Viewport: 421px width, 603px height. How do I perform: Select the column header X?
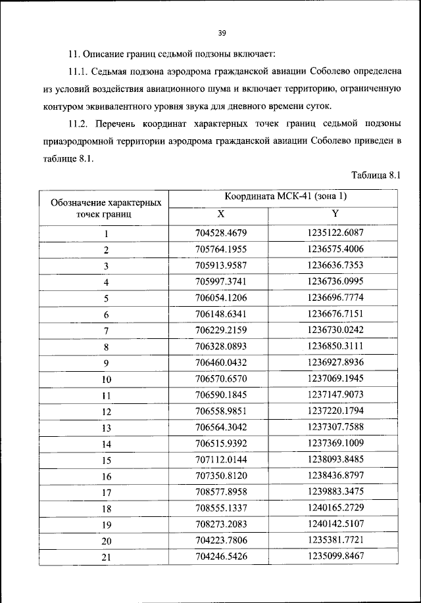point(220,215)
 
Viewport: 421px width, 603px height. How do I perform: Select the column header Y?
point(335,214)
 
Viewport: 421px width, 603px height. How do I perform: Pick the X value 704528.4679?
point(221,233)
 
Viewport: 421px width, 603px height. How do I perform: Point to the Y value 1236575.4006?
point(335,250)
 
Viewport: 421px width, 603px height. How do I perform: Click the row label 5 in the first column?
point(105,298)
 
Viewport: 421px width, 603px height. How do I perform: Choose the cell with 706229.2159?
point(221,330)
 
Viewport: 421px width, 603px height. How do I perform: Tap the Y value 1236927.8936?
point(335,362)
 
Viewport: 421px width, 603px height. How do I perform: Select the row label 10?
point(105,379)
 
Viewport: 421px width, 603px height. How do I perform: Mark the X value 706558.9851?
point(221,411)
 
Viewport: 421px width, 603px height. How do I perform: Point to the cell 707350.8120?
point(221,476)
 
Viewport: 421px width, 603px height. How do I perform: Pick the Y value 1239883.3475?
point(335,491)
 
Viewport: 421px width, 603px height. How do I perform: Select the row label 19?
point(105,524)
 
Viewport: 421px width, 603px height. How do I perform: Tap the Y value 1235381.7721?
point(335,540)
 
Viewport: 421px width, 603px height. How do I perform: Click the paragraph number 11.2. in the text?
point(81,124)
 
